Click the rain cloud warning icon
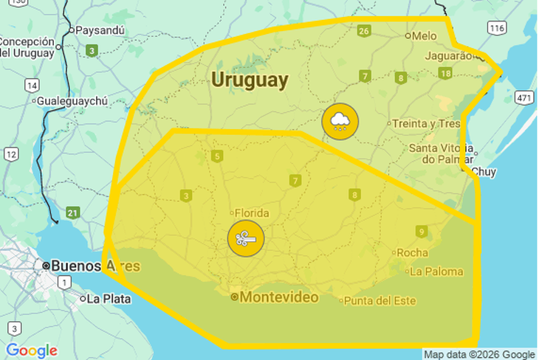click(x=340, y=121)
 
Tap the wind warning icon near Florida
click(x=246, y=238)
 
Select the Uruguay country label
click(x=250, y=80)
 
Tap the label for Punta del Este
click(x=380, y=301)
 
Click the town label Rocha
click(x=412, y=252)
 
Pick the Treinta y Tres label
click(x=426, y=124)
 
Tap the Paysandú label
click(x=100, y=30)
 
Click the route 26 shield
click(x=363, y=30)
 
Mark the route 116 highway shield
click(x=496, y=27)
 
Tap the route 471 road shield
click(x=524, y=97)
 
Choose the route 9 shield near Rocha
click(x=421, y=231)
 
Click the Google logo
click(x=31, y=350)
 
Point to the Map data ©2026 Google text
click(x=479, y=354)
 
